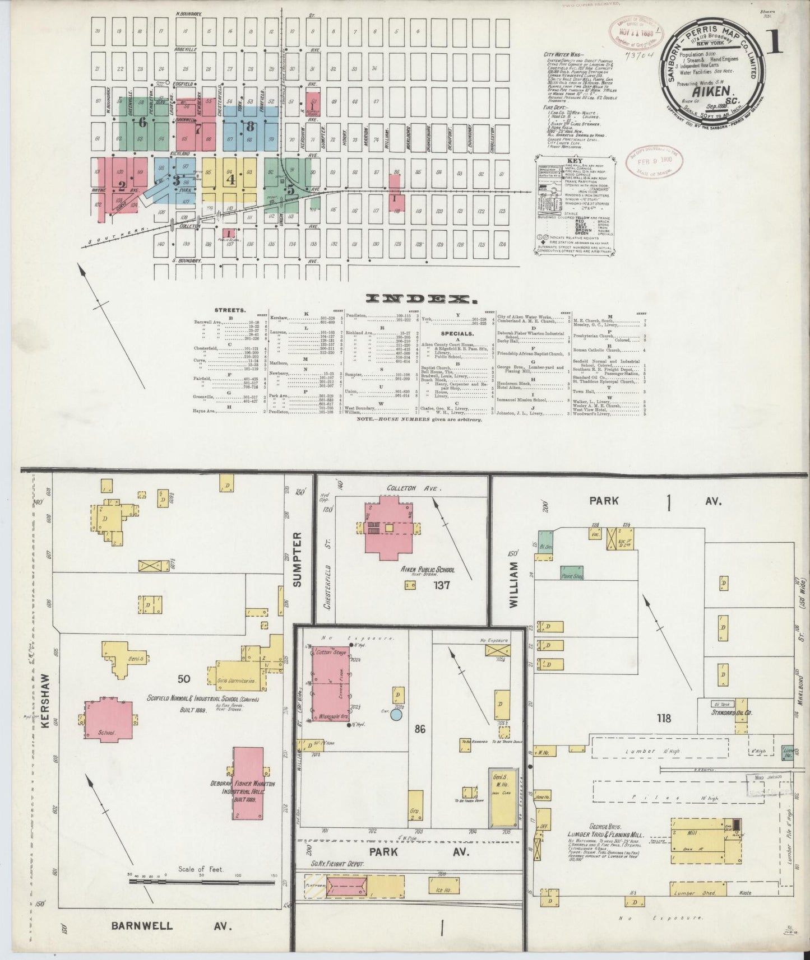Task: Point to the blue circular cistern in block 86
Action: pyautogui.click(x=396, y=715)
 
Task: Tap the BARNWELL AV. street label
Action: pyautogui.click(x=172, y=926)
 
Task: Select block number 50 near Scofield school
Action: pyautogui.click(x=184, y=679)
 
